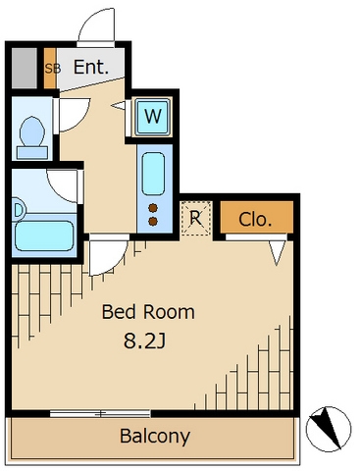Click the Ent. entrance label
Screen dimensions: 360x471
90,67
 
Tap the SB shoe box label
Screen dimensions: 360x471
53,69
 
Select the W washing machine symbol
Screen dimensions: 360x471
153,117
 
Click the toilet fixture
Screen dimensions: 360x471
32,137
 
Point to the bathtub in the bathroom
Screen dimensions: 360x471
44,236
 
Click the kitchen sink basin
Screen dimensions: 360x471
153,174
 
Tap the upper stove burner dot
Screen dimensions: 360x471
153,208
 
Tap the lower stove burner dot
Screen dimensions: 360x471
153,222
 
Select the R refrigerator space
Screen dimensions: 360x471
195,218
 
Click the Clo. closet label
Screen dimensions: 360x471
255,220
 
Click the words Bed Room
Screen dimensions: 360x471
148,312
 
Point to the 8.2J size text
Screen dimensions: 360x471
145,341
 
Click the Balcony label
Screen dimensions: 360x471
155,437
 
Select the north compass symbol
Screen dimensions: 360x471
329,429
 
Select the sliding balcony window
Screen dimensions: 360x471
100,413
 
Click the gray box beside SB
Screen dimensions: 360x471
25,68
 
